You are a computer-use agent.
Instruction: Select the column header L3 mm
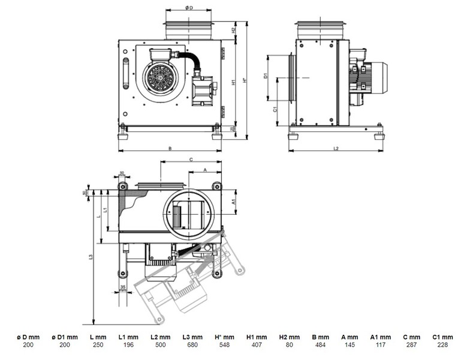point(193,337)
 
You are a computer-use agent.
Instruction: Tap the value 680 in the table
point(193,345)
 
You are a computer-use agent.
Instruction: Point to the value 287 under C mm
point(411,345)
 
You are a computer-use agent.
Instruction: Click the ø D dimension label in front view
point(189,8)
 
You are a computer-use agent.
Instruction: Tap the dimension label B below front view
point(170,148)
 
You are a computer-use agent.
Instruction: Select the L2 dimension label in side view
point(336,148)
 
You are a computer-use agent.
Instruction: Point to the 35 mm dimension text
point(123,289)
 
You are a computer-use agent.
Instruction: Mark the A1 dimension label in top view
point(233,202)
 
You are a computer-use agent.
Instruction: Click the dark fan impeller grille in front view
point(160,77)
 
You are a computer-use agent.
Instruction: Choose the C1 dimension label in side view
point(274,110)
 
